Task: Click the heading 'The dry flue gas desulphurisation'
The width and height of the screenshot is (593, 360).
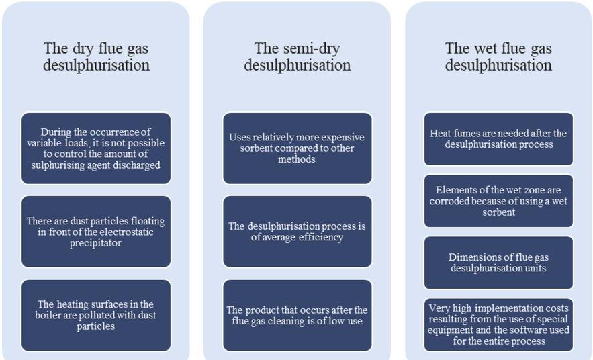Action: click(96, 57)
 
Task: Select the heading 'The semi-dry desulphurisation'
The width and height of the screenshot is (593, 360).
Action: click(297, 57)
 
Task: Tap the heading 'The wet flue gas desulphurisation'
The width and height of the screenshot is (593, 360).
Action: click(498, 57)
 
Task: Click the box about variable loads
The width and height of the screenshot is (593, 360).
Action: click(96, 148)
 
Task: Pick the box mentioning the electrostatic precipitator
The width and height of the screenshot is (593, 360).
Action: click(96, 232)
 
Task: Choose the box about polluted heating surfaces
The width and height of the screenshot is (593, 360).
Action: click(96, 315)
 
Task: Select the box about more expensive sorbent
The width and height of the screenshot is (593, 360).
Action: click(297, 148)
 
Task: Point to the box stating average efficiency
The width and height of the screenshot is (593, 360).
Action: click(297, 232)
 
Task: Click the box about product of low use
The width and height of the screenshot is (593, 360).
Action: click(297, 315)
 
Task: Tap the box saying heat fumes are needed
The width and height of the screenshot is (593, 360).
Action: click(498, 139)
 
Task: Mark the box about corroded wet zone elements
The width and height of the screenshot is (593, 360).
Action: click(498, 201)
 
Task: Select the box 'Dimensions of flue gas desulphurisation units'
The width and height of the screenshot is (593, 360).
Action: click(498, 263)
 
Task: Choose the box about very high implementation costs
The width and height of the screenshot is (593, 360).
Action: click(498, 324)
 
